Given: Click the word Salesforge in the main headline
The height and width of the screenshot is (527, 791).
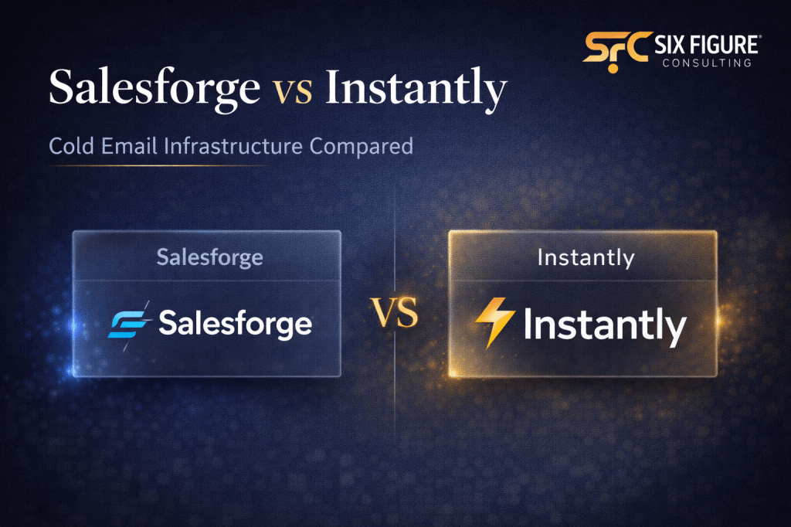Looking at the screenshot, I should click(x=154, y=89).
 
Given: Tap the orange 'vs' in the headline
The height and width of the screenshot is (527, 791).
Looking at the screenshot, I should click(x=293, y=90).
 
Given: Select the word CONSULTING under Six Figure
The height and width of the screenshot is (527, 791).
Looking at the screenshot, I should click(x=706, y=62).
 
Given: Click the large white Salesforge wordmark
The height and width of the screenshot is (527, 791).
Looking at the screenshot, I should click(x=236, y=324).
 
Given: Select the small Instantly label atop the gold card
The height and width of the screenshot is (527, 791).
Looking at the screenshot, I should click(x=584, y=257).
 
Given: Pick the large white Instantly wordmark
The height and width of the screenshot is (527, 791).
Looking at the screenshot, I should click(x=604, y=325).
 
